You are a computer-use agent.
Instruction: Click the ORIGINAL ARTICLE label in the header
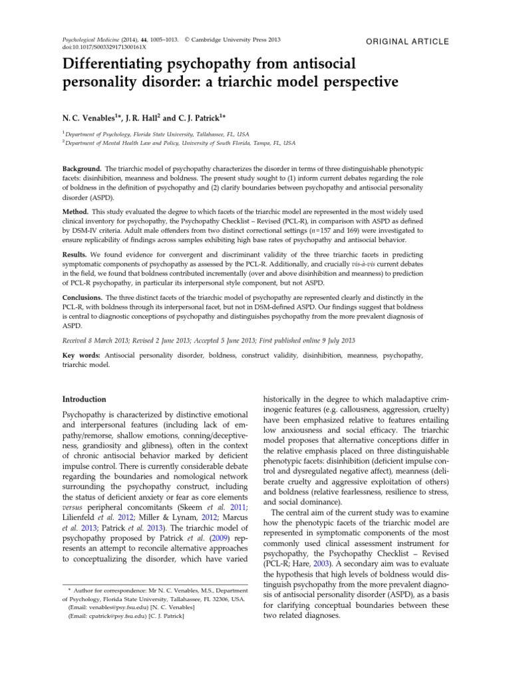(408, 41)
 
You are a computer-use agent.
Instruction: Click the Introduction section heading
(84, 399)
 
